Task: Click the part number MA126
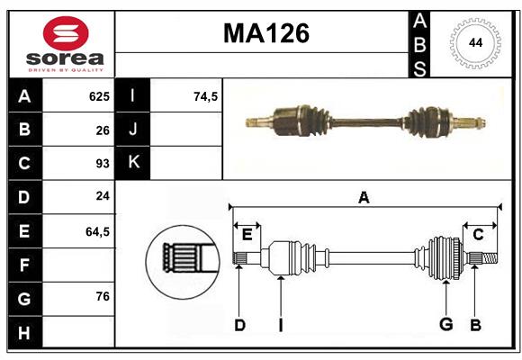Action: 265,34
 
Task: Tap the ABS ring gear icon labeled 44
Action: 474,43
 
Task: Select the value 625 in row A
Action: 98,96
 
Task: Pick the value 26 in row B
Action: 102,130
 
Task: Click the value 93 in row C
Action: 102,164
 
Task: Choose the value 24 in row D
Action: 102,197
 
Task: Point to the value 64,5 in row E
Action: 96,231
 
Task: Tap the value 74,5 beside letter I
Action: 206,96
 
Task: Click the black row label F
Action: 24,265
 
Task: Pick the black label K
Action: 133,164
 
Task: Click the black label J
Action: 133,130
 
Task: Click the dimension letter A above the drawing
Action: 364,198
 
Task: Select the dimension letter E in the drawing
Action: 247,235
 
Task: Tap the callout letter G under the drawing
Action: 445,324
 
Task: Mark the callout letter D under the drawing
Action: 239,324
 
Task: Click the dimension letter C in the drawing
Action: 478,235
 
